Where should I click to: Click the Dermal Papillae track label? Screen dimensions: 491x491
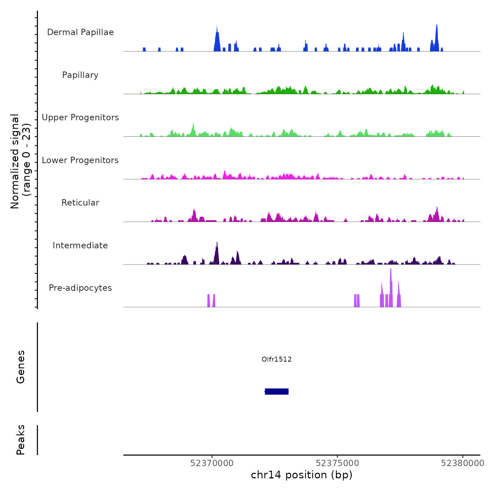tap(80, 32)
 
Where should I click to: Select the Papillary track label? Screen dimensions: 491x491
tap(80, 75)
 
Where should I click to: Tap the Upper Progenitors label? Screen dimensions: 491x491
tap(80, 117)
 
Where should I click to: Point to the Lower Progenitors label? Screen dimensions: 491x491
tap(80, 160)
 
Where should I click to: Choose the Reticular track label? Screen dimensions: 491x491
tap(80, 203)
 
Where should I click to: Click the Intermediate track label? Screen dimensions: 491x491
tap(80, 245)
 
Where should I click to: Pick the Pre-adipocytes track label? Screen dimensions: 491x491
tap(80, 288)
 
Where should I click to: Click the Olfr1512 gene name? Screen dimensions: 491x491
tap(277, 359)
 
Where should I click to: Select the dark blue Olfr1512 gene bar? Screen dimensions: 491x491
tap(277, 391)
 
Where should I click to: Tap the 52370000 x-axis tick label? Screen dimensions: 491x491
tap(212, 463)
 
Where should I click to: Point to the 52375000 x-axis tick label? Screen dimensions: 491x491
tap(337, 463)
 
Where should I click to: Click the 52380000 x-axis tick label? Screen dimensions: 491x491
tap(463, 463)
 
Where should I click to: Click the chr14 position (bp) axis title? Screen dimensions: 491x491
tap(302, 475)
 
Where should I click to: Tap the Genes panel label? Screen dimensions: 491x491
tap(21, 367)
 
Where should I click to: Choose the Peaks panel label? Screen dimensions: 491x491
tap(21, 440)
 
